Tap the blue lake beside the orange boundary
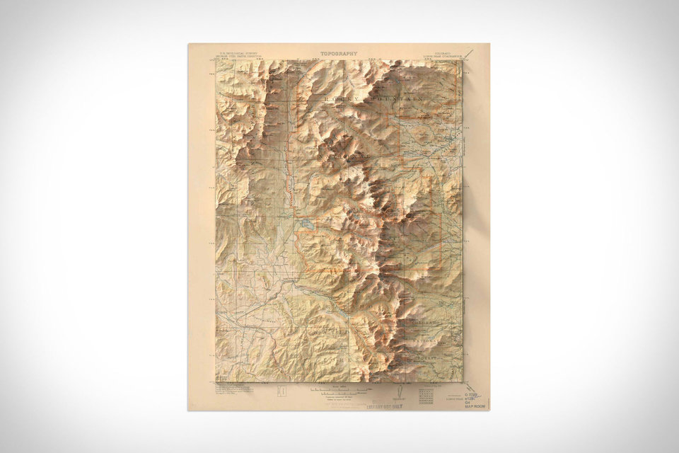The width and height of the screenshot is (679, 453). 306,224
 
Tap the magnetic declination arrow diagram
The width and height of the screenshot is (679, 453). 402,394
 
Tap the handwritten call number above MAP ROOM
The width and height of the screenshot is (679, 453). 472,396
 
